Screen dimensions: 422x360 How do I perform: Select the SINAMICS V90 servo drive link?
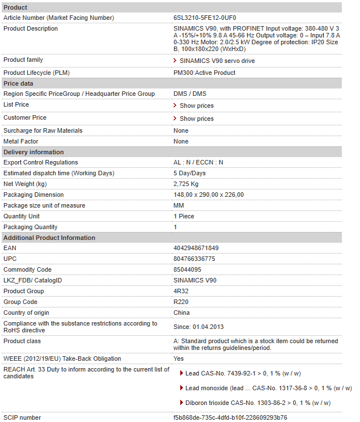217,61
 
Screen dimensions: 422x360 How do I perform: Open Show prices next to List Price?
196,106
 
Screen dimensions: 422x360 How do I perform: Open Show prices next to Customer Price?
196,119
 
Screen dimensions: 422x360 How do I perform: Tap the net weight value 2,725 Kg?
186,184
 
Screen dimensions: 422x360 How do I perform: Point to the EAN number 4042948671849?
196,248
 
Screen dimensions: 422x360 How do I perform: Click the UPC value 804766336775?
194,259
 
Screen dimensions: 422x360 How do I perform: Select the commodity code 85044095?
187,270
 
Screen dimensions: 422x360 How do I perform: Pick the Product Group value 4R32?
181,292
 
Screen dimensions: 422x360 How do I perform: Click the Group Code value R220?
181,302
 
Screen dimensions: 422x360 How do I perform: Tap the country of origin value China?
181,313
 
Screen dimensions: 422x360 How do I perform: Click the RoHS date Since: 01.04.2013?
198,327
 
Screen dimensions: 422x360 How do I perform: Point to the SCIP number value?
230,418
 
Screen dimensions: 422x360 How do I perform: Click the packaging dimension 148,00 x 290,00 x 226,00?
209,195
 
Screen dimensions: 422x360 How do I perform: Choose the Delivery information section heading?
33,152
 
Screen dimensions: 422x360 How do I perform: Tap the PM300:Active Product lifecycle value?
204,73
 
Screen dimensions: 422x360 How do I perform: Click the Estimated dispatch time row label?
58,174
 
